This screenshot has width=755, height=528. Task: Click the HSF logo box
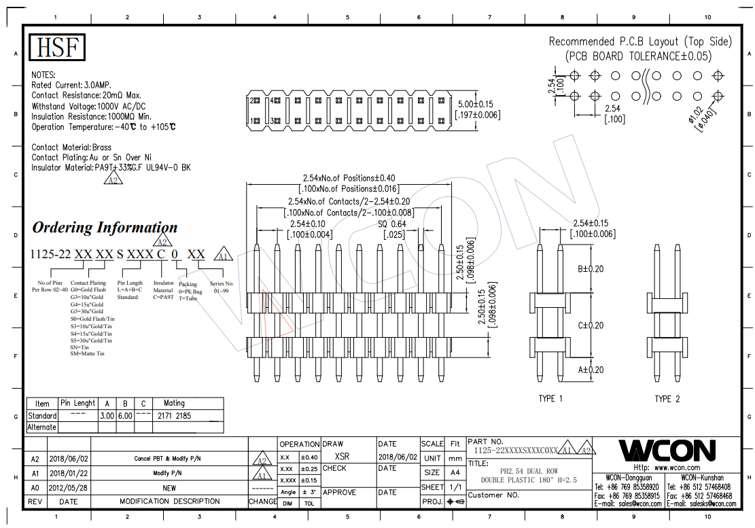coord(57,48)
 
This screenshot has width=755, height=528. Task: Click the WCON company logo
coord(666,451)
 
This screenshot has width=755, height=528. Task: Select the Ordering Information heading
coord(105,228)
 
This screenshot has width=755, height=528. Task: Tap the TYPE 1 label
coord(550,399)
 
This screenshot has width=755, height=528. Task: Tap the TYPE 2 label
coord(667,399)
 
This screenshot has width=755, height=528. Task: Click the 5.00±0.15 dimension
coord(475,105)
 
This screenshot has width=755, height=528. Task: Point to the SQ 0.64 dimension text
coord(391,224)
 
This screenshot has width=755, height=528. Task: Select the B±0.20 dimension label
coord(591,269)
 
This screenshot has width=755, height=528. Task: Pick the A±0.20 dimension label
coord(591,370)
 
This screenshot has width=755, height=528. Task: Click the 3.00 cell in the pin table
coord(107,415)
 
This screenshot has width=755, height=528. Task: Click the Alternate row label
coord(41,427)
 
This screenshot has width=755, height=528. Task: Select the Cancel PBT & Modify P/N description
coord(167,459)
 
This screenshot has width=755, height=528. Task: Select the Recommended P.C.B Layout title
coord(640,42)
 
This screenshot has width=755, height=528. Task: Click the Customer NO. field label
coord(493,495)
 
